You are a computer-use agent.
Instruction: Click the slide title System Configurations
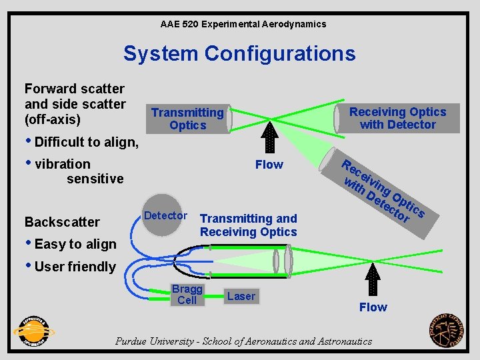click(239, 53)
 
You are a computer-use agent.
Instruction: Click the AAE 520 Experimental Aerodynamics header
click(243, 24)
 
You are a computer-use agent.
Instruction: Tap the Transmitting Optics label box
click(187, 119)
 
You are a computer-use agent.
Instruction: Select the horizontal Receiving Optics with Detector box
click(397, 118)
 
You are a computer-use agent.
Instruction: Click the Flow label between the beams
click(269, 165)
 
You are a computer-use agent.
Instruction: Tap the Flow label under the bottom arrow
click(373, 307)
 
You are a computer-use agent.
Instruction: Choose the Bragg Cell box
click(187, 295)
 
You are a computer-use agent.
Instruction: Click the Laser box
click(241, 296)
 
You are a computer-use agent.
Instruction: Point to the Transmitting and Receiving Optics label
click(249, 225)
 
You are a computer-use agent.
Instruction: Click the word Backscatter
click(62, 222)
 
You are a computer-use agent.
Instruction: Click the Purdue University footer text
click(243, 341)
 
